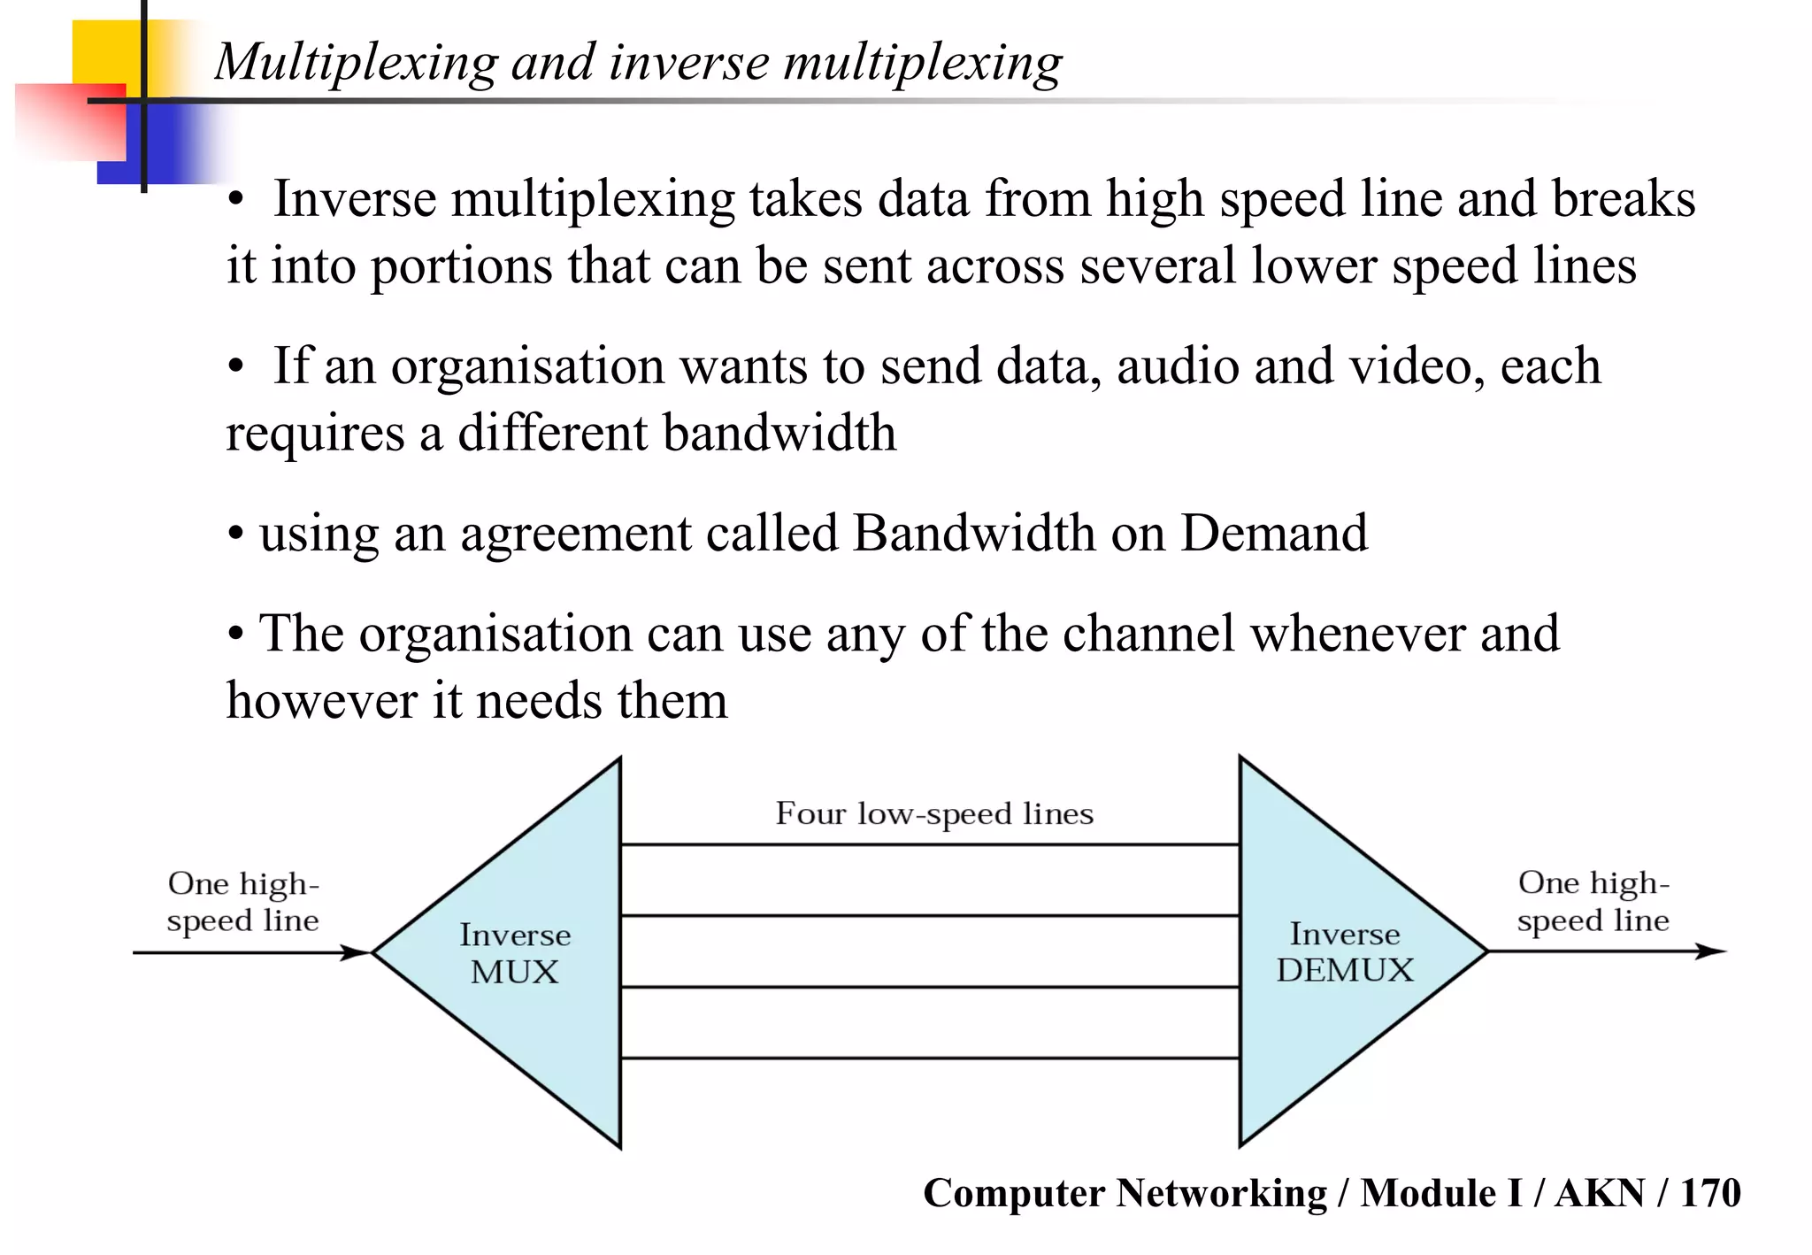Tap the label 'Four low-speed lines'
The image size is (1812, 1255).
[x=934, y=813]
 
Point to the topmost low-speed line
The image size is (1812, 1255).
[x=929, y=845]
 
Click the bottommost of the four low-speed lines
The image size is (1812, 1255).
[x=929, y=1058]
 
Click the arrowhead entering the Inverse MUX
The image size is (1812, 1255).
[x=356, y=953]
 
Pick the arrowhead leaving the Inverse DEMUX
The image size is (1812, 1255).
[x=1711, y=952]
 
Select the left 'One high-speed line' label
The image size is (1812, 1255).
[x=243, y=902]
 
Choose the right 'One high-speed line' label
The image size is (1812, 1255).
[x=1593, y=901]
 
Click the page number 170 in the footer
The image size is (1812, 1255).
[x=1710, y=1193]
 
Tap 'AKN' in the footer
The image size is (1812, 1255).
[x=1600, y=1193]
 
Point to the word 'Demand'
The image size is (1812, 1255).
[x=1273, y=533]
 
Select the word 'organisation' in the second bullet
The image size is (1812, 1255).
[x=527, y=367]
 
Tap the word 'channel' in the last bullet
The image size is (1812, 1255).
[x=1148, y=634]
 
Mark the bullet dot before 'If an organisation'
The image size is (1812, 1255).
[x=235, y=367]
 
